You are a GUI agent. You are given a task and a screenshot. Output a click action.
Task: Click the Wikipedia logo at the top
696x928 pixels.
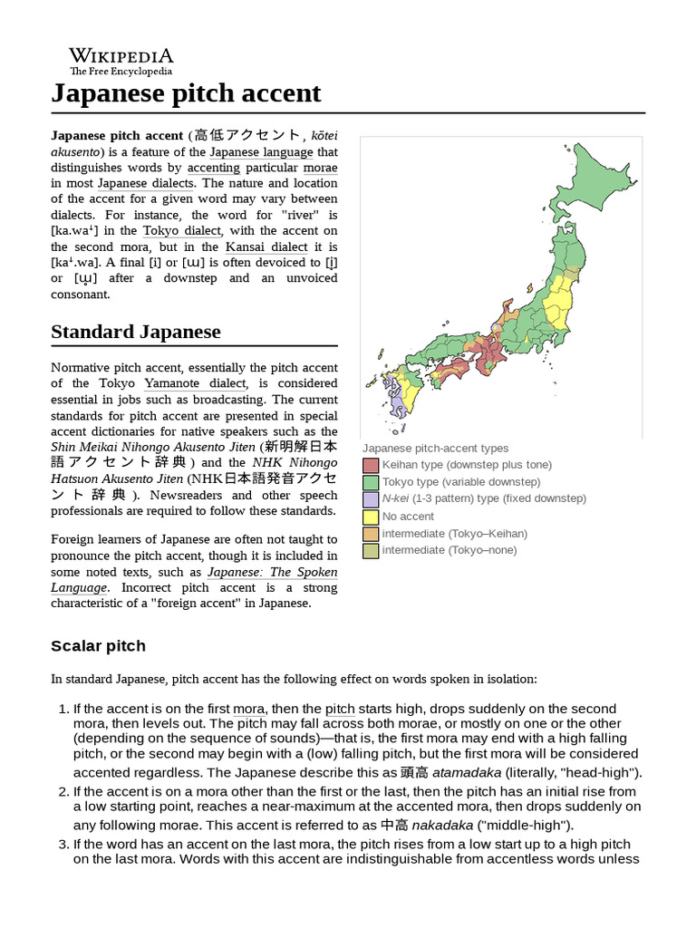[121, 61]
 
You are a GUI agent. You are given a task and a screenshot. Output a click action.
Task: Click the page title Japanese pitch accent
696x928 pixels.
[186, 93]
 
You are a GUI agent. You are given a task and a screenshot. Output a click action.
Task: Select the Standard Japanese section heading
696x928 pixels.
[135, 332]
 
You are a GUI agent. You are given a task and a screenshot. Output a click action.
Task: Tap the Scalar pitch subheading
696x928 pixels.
[98, 646]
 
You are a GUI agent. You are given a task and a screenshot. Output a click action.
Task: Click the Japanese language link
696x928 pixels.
[261, 152]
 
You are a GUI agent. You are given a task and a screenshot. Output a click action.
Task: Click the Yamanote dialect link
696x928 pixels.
[194, 383]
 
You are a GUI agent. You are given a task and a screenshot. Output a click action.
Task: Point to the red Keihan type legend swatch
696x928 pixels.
[371, 465]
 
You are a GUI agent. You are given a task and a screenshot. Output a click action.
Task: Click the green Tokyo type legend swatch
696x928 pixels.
[371, 482]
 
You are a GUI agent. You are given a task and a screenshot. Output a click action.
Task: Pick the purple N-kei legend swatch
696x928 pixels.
[371, 499]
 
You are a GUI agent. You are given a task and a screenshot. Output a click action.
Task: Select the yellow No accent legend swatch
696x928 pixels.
[371, 517]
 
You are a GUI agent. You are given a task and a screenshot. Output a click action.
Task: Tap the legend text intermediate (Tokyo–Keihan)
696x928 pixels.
[454, 534]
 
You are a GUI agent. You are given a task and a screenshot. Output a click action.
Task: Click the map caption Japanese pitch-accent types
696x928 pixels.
[435, 448]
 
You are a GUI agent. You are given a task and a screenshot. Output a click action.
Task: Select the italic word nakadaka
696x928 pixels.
[442, 826]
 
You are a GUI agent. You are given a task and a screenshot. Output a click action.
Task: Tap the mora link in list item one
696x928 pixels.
[248, 709]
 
